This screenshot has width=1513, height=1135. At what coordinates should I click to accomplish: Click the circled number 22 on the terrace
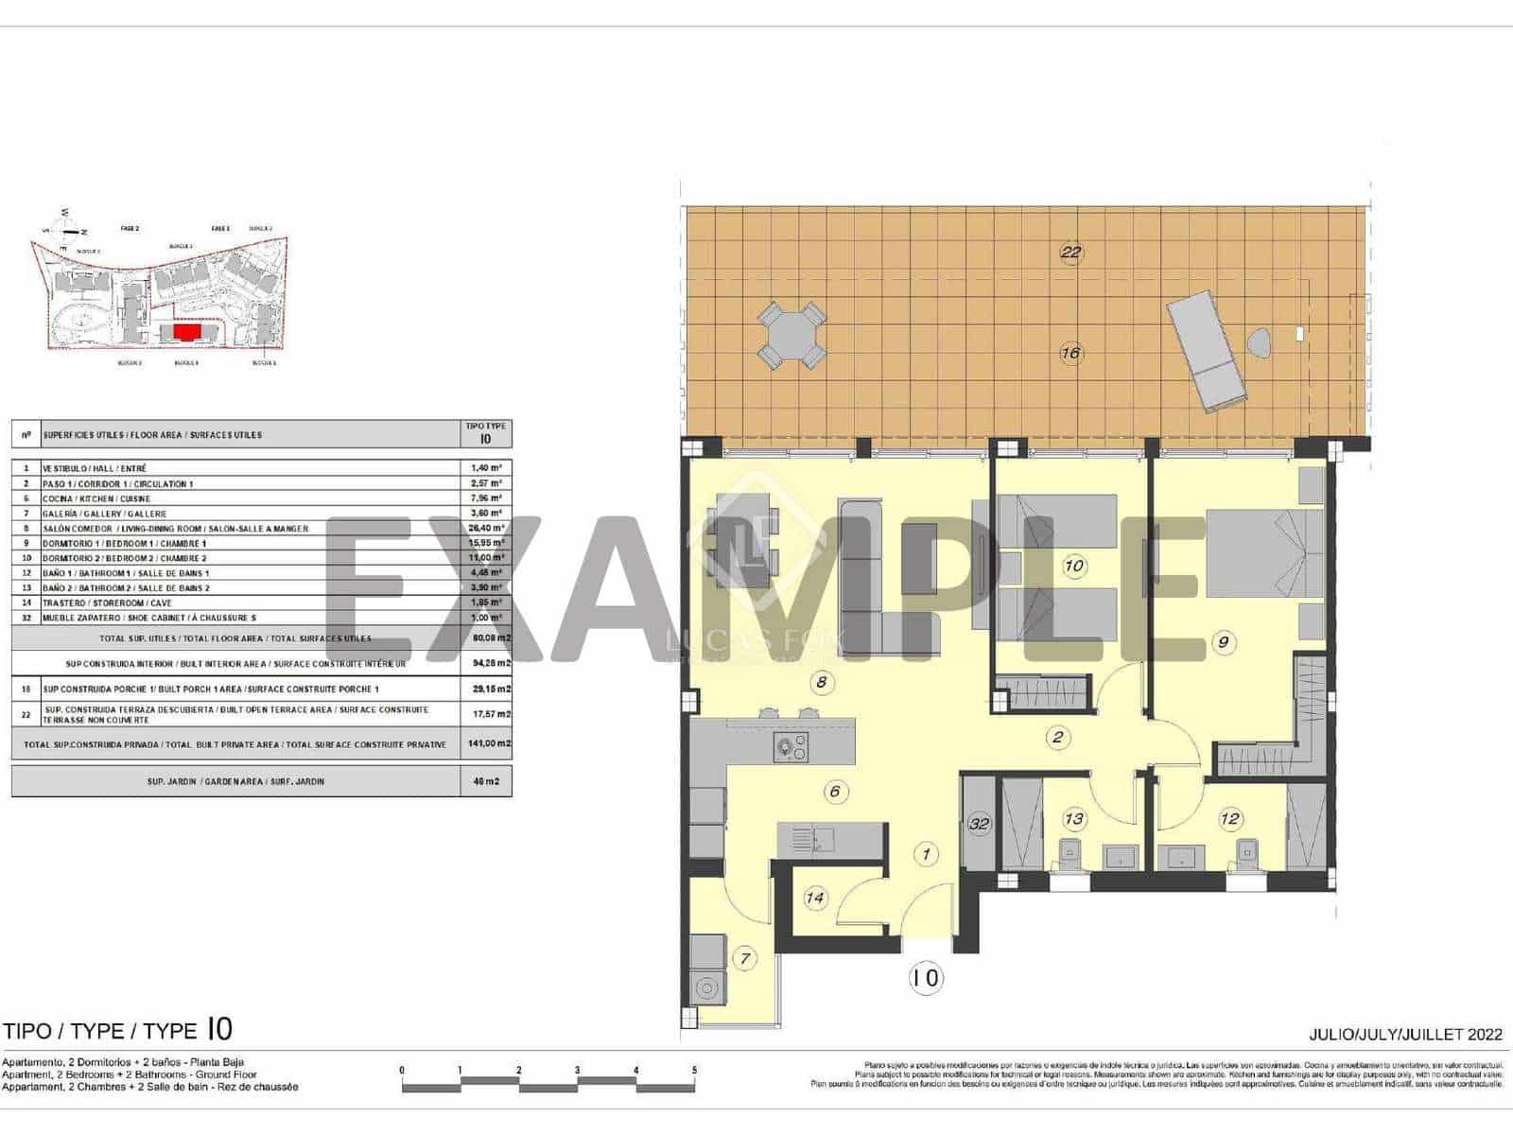point(1070,253)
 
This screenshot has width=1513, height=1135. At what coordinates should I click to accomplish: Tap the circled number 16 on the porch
point(1070,354)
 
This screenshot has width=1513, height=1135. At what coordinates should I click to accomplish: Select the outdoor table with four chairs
point(791,336)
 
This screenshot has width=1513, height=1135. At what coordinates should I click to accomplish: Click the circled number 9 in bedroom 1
point(1223,643)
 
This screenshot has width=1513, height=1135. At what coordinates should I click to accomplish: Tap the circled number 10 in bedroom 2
point(1073,567)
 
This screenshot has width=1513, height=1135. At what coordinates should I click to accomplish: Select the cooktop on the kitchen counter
point(791,748)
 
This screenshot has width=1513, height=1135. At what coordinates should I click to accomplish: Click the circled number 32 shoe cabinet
point(979,824)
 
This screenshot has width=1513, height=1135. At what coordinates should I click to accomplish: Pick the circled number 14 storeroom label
point(814,898)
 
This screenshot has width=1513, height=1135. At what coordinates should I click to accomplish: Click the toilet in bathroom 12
point(1248,853)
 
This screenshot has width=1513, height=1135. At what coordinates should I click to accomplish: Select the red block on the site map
point(185,333)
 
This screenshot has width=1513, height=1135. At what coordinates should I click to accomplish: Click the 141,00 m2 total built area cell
point(489,744)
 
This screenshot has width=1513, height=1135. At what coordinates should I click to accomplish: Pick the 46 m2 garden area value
point(489,782)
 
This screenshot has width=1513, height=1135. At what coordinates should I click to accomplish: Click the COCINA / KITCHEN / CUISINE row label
point(96,498)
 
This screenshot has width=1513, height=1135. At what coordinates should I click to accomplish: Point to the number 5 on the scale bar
point(694,1071)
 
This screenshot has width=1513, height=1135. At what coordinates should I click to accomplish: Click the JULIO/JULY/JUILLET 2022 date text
point(1405,1035)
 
